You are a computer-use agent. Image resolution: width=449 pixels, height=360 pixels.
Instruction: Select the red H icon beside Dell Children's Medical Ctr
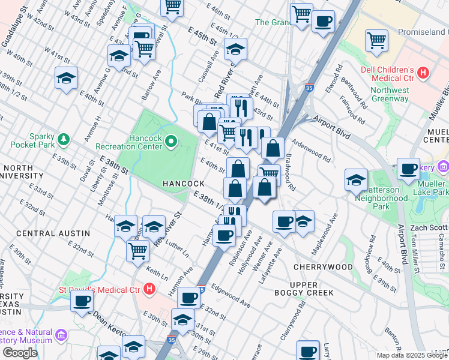click(x=424, y=73)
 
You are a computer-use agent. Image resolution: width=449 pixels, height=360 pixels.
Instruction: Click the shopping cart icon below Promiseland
click(x=376, y=41)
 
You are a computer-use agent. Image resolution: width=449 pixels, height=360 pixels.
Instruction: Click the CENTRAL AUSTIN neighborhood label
click(x=53, y=233)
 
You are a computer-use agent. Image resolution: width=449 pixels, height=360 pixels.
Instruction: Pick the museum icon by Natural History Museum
click(x=61, y=335)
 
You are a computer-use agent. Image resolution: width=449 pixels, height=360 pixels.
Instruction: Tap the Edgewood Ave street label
click(x=231, y=295)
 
